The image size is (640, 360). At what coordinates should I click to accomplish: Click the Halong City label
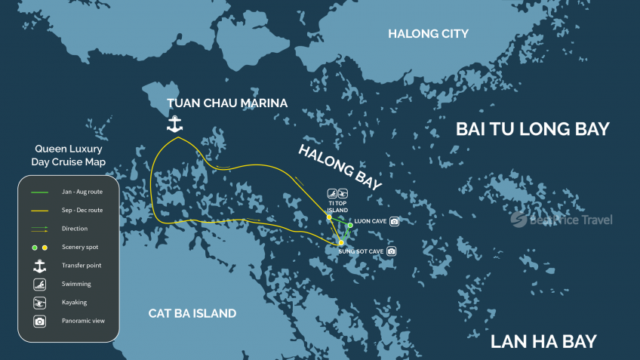[x=428, y=33]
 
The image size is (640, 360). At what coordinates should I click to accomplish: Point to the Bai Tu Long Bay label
[x=532, y=129]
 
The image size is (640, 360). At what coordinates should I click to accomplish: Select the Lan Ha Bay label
[x=543, y=341]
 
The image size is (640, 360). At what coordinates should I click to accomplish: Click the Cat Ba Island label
[x=192, y=313]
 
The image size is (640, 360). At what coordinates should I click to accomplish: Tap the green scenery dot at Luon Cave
[x=350, y=225]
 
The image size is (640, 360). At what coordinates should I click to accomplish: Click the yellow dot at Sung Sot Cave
[x=341, y=242]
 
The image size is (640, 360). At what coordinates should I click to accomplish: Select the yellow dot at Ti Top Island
[x=329, y=217]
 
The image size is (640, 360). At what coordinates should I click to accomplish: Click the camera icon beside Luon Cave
[x=393, y=221]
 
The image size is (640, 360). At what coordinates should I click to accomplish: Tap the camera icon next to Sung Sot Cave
[x=391, y=251]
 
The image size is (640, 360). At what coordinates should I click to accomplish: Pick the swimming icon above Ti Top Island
[x=331, y=193]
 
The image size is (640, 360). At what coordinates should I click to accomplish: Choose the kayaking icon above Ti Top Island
[x=343, y=193]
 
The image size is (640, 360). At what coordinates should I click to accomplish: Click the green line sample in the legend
[x=40, y=192]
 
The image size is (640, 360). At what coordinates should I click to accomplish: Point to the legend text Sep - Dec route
[x=82, y=210]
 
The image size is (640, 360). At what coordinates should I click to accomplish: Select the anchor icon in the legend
[x=40, y=265]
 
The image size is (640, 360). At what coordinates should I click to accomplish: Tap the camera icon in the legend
[x=40, y=321]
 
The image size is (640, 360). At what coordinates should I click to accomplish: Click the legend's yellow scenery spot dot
[x=45, y=247]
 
